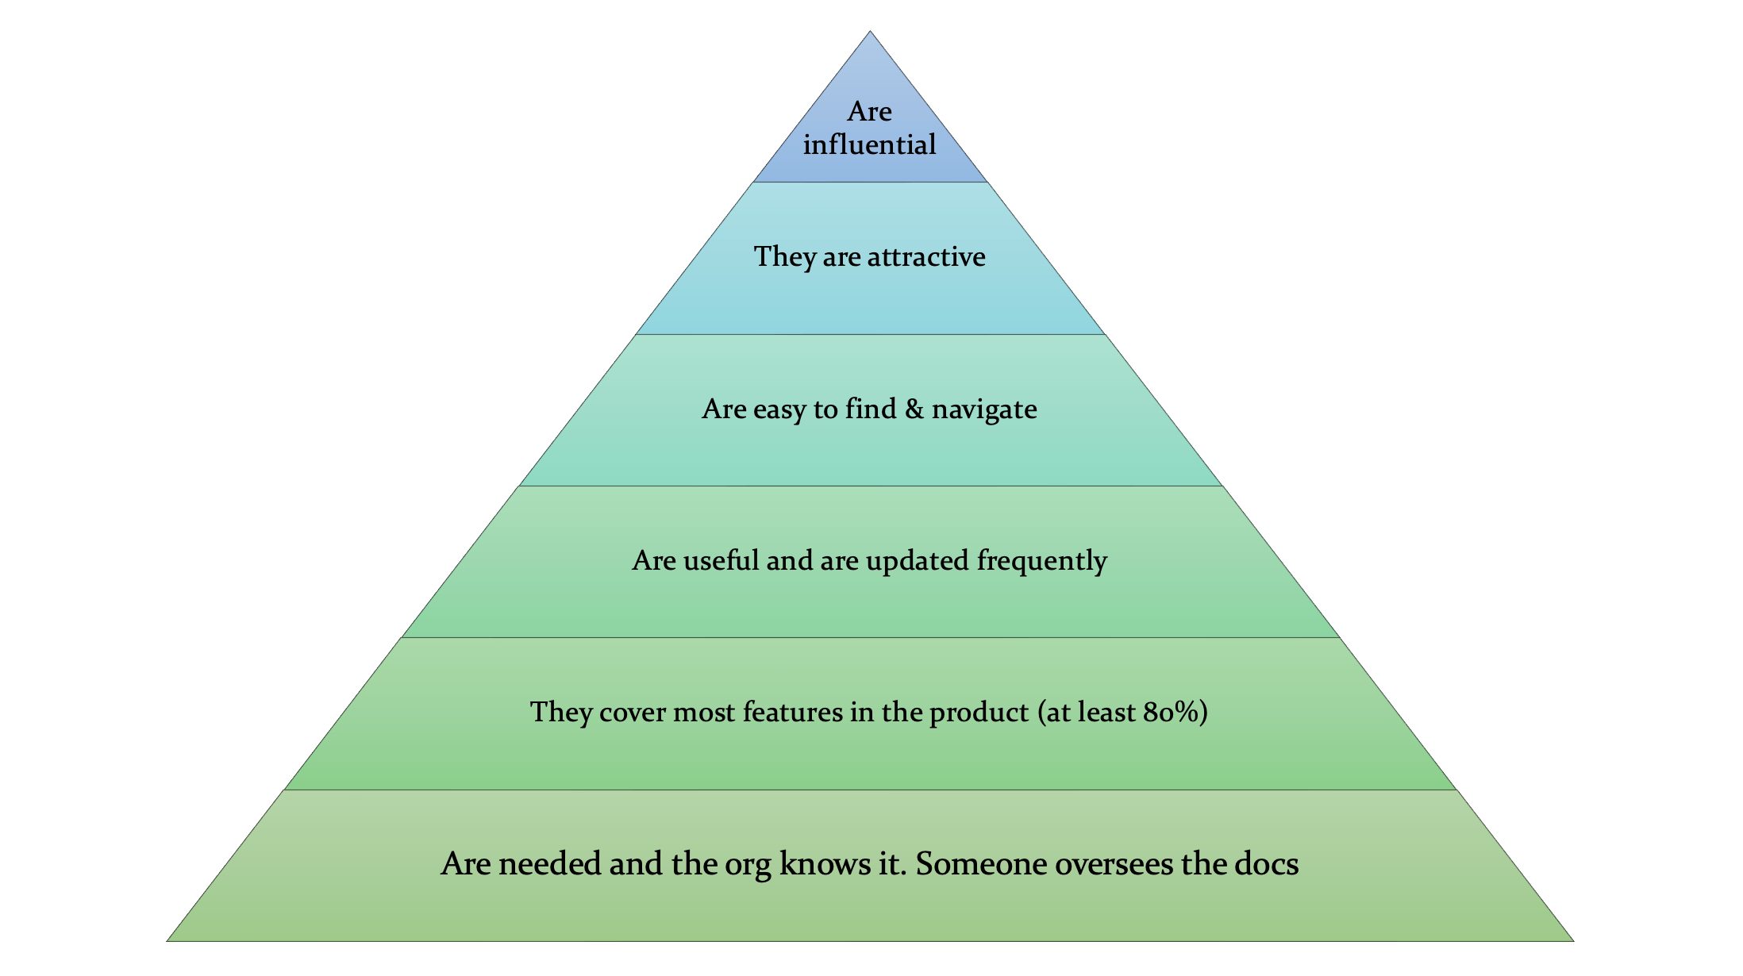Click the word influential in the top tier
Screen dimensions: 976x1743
click(x=869, y=145)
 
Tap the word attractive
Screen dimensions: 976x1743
click(x=926, y=257)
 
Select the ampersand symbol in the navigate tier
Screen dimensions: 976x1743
click(x=914, y=409)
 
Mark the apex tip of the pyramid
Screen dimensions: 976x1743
click(x=870, y=33)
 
